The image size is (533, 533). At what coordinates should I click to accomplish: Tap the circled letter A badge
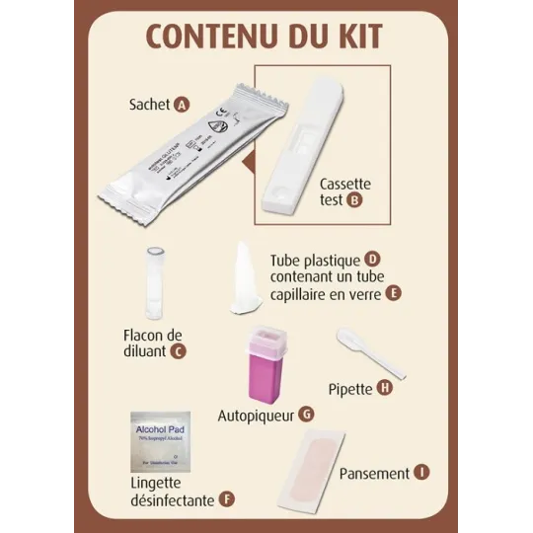pyautogui.click(x=181, y=104)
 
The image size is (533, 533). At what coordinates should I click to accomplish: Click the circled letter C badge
pyautogui.click(x=178, y=349)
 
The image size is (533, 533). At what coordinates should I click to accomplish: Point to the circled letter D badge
pyautogui.click(x=372, y=258)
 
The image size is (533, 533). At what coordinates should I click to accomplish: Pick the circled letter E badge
pyautogui.click(x=393, y=293)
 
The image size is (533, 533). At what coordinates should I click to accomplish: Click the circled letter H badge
pyautogui.click(x=385, y=388)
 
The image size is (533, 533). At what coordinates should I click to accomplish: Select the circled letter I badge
pyautogui.click(x=422, y=473)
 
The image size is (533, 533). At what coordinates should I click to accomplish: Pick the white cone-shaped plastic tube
pyautogui.click(x=245, y=282)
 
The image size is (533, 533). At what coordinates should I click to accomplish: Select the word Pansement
pyautogui.click(x=373, y=474)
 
